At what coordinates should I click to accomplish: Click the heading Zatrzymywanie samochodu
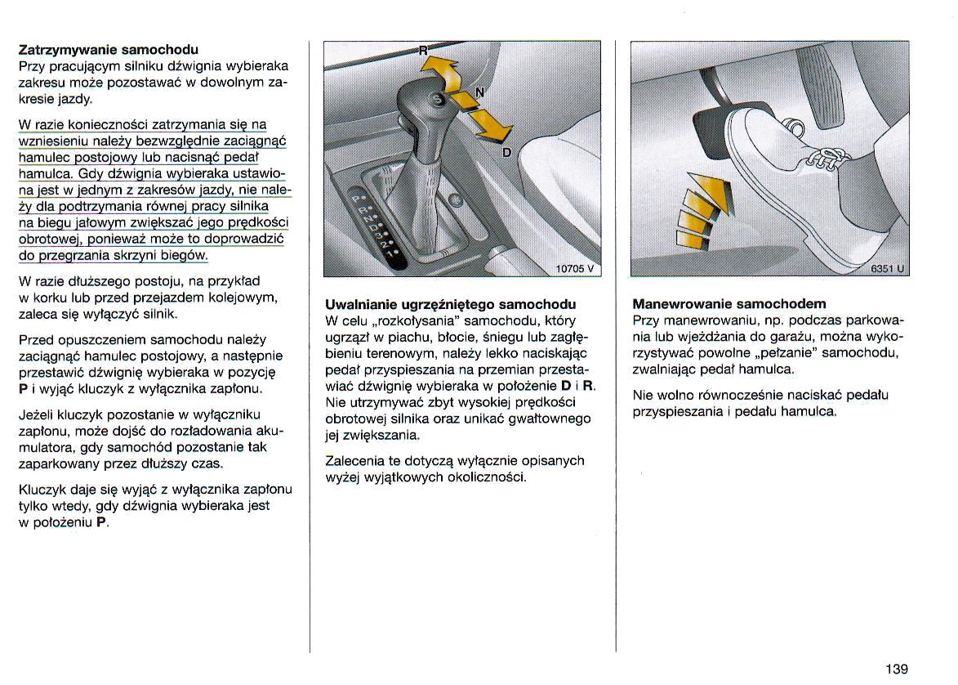108,49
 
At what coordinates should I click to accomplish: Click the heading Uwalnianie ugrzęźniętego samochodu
450,304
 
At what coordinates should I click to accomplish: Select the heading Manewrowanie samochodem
729,304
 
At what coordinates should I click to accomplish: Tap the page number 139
896,669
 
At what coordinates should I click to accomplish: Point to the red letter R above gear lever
423,50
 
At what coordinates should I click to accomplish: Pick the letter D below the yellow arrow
506,153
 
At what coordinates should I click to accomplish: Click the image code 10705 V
575,268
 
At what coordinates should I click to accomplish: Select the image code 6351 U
887,268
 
